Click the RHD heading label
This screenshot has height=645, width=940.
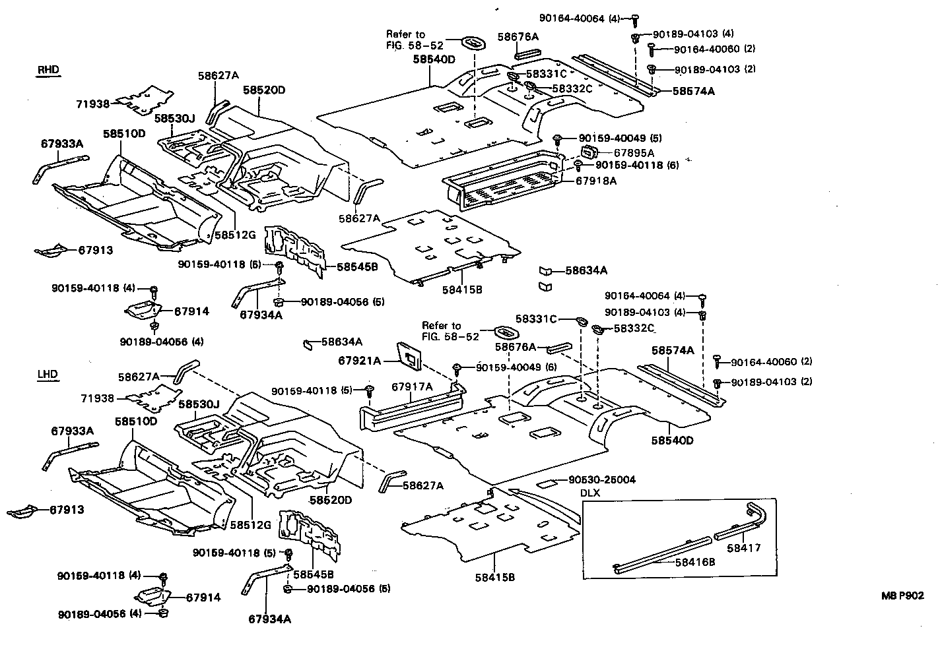tap(48, 70)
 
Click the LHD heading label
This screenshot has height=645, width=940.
tap(48, 375)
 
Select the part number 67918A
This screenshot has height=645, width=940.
tap(596, 181)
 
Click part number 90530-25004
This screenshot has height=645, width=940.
tap(601, 479)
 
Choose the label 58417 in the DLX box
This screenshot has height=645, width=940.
tap(744, 547)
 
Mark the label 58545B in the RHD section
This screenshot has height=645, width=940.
tap(356, 267)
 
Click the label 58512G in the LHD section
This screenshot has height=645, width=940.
tap(251, 524)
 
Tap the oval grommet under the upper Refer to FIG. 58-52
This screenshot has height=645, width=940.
tap(473, 42)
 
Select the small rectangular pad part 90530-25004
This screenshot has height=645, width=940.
tap(547, 483)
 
